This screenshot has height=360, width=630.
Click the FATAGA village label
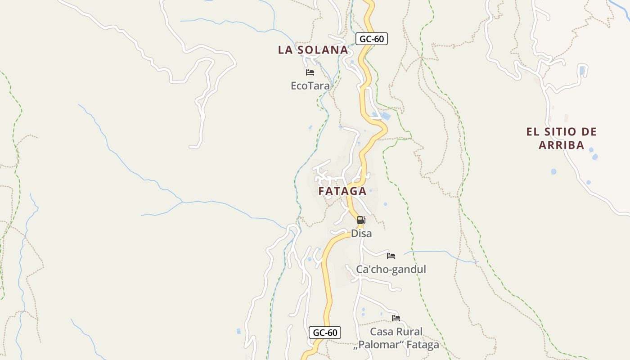point(342,191)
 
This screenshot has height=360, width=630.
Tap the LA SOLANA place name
point(313,50)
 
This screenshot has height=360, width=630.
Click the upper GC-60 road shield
point(372,39)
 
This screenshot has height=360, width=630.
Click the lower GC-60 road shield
point(325,333)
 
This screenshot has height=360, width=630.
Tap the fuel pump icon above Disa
point(361,220)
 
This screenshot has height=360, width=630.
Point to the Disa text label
point(361,234)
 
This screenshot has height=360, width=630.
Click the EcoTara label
point(310,85)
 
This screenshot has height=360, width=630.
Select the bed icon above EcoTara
point(310,72)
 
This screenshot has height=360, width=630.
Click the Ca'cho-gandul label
point(391,270)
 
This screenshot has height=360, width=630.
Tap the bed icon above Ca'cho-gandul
point(391,256)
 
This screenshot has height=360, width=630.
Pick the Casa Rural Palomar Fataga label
point(396,338)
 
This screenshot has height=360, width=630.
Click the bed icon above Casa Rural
point(396,318)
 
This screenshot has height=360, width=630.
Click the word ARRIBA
point(561,145)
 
